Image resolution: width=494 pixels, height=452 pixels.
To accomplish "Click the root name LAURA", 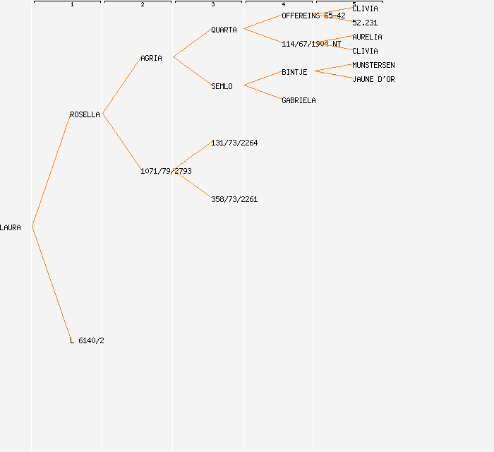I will click(11, 227).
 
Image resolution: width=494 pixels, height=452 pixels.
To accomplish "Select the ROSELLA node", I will click(85, 114).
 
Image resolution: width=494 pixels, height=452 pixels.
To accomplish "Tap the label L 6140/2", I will click(87, 340).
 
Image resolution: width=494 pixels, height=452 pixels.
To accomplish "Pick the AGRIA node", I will click(151, 58).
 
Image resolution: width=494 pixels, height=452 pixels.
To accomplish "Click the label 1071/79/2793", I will click(166, 171).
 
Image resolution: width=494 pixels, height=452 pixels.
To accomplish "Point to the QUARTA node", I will click(224, 30).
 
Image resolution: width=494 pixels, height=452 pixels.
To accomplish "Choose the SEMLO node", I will click(222, 86).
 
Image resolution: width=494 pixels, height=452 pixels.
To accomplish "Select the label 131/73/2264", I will click(234, 143).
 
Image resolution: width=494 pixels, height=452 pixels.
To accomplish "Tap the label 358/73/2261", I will click(234, 199).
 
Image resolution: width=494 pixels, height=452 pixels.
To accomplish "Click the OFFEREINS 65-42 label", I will click(313, 16).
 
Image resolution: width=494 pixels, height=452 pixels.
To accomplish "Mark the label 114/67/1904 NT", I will click(311, 44).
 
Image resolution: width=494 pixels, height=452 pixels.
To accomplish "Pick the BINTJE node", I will click(294, 72).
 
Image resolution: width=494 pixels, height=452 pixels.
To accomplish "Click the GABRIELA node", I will click(299, 100).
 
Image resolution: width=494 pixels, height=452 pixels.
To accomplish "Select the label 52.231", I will click(365, 23).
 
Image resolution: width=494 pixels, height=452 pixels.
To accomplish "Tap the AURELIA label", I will click(367, 37).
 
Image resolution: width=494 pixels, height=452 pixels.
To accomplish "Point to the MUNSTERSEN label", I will click(373, 65).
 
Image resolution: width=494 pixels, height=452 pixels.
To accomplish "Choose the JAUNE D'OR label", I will click(373, 79).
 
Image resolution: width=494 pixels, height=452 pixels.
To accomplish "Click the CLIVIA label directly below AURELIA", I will click(365, 51).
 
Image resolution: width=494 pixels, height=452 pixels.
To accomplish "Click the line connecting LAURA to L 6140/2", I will click(51, 283).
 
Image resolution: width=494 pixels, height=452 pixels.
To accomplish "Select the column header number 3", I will click(213, 5).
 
